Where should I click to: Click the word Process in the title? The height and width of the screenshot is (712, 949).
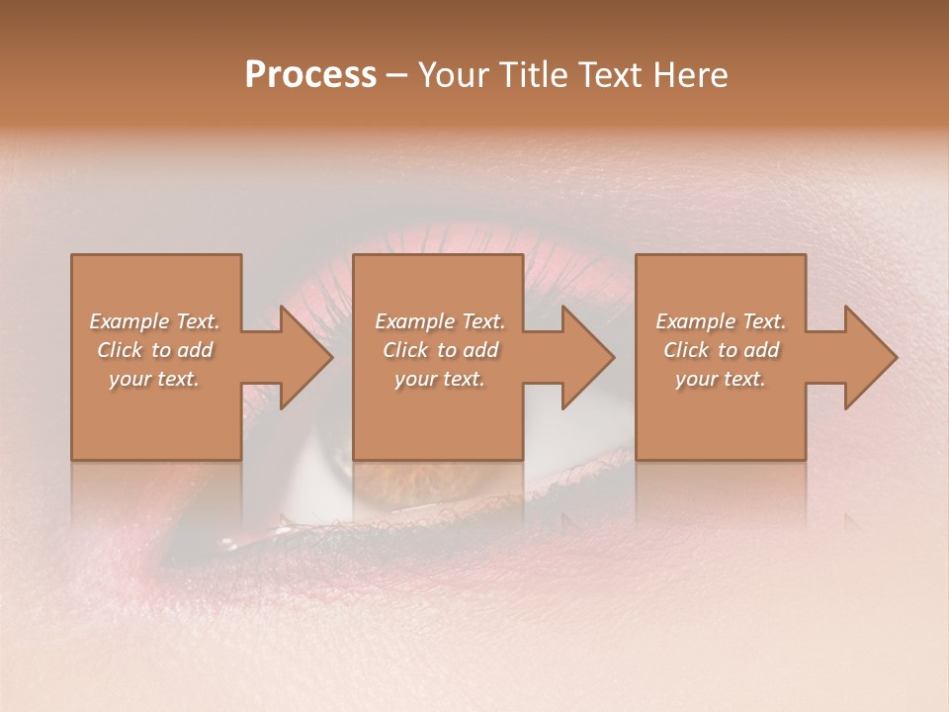[x=310, y=75]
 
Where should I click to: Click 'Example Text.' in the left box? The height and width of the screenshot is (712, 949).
[x=154, y=321]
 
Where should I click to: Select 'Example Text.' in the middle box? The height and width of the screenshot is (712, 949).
[x=439, y=321]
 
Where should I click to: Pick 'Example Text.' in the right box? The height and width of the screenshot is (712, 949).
[x=721, y=321]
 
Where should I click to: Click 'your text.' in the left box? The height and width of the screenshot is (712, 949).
[x=154, y=379]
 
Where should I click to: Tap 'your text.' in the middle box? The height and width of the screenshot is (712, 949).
[x=439, y=379]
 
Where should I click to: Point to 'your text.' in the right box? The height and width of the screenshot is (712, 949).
[x=721, y=379]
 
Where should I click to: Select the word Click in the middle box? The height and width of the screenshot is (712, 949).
[x=405, y=350]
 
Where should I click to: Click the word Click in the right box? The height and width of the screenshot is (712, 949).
[x=686, y=350]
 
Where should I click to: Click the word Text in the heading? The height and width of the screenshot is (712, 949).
[x=612, y=75]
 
